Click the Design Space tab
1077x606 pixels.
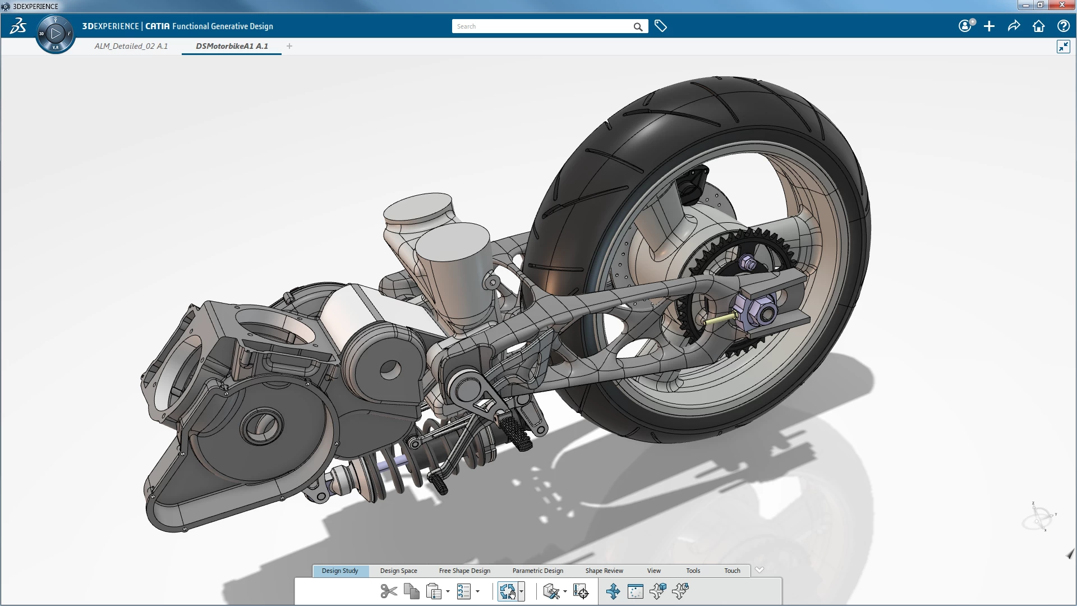coord(398,571)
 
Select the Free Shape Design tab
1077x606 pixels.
coord(464,571)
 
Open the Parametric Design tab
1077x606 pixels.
coord(537,571)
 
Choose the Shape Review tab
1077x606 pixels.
coord(604,571)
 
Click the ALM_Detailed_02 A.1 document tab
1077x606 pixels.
coord(131,46)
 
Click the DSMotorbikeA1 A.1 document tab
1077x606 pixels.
coord(232,46)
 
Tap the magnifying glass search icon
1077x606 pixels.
coord(638,26)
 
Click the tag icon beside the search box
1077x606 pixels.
coord(661,26)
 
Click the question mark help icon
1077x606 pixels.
coord(1063,26)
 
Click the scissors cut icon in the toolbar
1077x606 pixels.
coord(388,591)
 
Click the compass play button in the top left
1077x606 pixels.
coord(55,34)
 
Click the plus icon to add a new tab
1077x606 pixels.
coord(289,46)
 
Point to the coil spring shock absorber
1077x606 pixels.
coord(387,471)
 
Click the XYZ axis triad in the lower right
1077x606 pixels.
coord(1038,517)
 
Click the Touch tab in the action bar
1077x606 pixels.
coord(732,571)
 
